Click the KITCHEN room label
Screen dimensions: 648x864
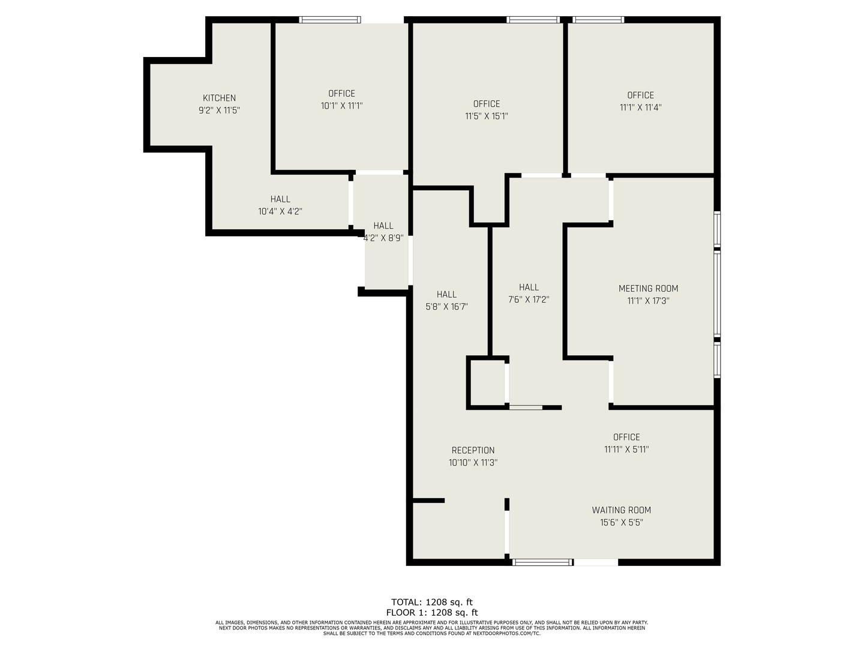pos(219,98)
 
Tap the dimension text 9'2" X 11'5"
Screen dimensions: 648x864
pos(219,110)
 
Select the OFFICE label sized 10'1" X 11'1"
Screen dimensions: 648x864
pos(341,93)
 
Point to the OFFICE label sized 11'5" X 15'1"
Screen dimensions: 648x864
pos(486,104)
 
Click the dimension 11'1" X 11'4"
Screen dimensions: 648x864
pos(640,107)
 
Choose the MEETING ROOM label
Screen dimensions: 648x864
pos(648,289)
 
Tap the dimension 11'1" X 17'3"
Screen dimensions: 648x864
pos(648,301)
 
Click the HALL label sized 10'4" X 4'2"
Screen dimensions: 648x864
pos(280,199)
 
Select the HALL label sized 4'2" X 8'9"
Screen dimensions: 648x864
pos(383,226)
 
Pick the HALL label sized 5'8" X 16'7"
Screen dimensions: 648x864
pos(446,294)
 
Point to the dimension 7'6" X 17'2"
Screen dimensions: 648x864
pos(529,299)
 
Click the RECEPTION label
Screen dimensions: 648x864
pos(473,450)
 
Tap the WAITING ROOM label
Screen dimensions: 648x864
pos(621,510)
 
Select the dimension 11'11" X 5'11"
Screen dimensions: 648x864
pos(626,449)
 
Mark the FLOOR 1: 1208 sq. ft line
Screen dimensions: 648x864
pos(432,613)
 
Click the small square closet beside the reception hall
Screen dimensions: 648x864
pos(487,383)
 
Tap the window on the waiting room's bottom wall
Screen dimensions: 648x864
pos(542,562)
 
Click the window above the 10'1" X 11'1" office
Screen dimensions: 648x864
pos(330,20)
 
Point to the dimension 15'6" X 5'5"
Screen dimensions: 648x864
pos(621,523)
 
